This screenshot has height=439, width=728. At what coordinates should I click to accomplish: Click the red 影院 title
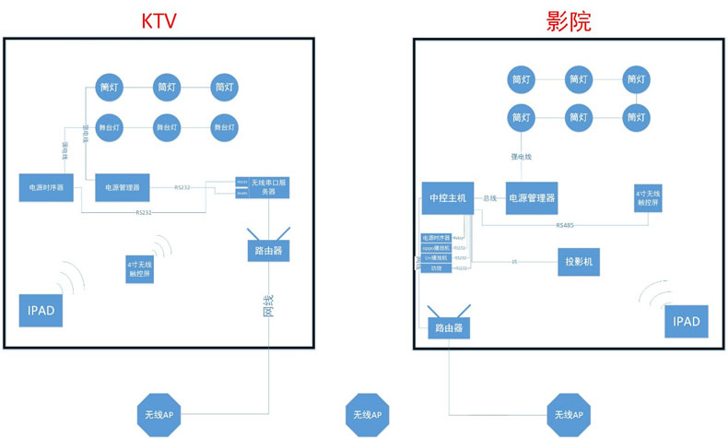(568, 21)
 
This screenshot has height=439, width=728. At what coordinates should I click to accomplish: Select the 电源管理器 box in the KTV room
(123, 187)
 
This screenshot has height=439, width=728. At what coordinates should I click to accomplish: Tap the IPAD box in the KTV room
(41, 311)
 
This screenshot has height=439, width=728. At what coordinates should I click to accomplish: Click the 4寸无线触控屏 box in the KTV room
(139, 268)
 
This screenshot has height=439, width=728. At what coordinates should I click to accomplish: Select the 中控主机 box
(447, 197)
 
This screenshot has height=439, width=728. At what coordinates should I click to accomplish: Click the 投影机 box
(580, 262)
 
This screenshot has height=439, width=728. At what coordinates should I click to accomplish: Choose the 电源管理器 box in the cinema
(532, 197)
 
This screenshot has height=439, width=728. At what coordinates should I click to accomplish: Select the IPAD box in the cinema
(687, 321)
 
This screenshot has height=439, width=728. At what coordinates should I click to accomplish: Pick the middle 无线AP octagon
(367, 416)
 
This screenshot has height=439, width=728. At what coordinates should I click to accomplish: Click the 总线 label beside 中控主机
(490, 198)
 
